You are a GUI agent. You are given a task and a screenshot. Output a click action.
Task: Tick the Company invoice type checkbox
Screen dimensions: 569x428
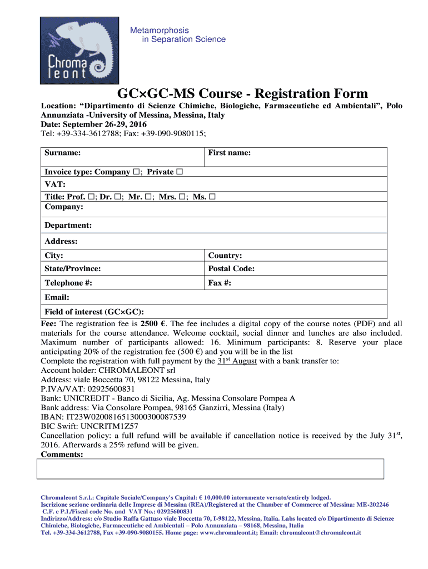tap(136, 172)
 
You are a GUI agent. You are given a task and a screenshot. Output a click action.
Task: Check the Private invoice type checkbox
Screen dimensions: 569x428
tap(180, 172)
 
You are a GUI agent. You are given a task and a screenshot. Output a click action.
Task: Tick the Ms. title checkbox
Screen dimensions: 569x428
tap(212, 197)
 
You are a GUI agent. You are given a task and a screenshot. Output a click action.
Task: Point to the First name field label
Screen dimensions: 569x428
tap(229, 152)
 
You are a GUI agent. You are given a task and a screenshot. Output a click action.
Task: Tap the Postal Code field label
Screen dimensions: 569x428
tap(231, 268)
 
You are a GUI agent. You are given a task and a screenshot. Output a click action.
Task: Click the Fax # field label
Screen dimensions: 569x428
tap(220, 283)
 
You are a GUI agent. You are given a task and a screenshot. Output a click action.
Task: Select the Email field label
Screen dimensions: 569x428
tap(57, 297)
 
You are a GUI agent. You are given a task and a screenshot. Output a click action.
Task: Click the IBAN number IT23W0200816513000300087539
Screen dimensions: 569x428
tap(126, 417)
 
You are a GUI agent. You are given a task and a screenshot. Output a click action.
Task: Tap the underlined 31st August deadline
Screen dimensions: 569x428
tap(237, 361)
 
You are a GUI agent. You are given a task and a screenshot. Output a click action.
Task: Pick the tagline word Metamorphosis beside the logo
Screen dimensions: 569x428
tap(160, 30)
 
